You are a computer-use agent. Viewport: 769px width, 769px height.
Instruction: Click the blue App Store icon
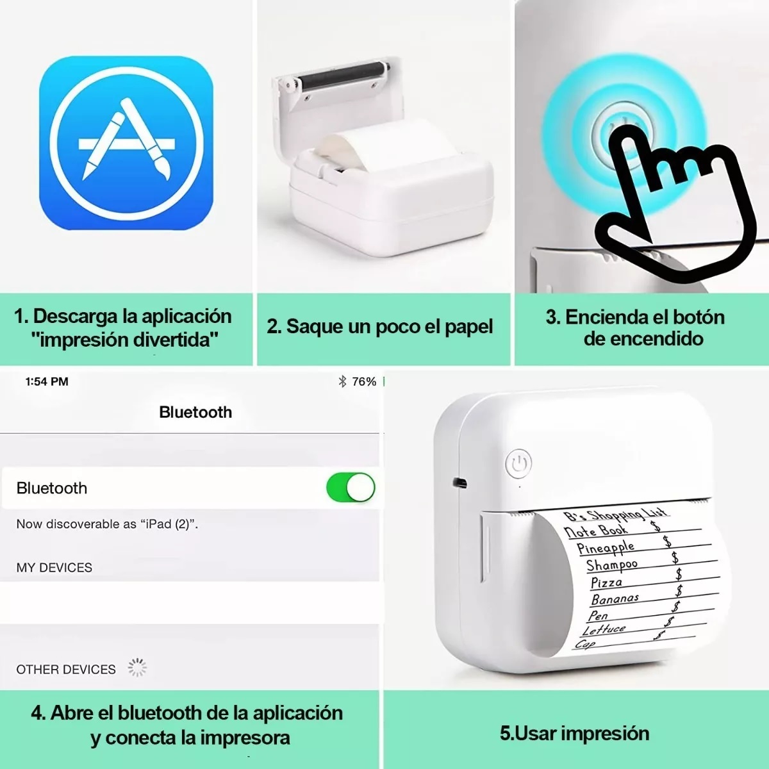click(126, 143)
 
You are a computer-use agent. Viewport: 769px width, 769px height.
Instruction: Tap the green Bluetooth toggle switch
click(351, 488)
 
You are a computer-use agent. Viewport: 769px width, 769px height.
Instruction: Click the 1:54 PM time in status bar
click(47, 382)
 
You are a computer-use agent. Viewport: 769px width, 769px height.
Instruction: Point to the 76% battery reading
click(364, 382)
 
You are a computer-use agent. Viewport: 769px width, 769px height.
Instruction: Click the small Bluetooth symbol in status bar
click(342, 382)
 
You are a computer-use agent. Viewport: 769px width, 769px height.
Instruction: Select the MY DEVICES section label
click(54, 568)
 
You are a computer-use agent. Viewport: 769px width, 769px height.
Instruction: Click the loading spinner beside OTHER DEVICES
click(137, 668)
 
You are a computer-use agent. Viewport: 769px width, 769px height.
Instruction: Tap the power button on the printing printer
click(518, 463)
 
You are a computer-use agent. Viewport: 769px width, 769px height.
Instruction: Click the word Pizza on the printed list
click(606, 583)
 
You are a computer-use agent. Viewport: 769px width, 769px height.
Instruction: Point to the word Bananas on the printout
click(615, 599)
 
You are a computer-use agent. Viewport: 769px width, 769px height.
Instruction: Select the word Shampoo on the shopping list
click(612, 565)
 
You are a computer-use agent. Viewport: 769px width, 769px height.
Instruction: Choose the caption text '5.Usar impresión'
click(575, 733)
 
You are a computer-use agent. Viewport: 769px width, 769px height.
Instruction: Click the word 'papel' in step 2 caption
click(468, 327)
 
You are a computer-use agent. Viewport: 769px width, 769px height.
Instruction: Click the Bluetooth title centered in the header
click(195, 412)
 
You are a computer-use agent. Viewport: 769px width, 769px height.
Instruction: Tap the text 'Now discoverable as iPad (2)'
click(107, 524)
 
